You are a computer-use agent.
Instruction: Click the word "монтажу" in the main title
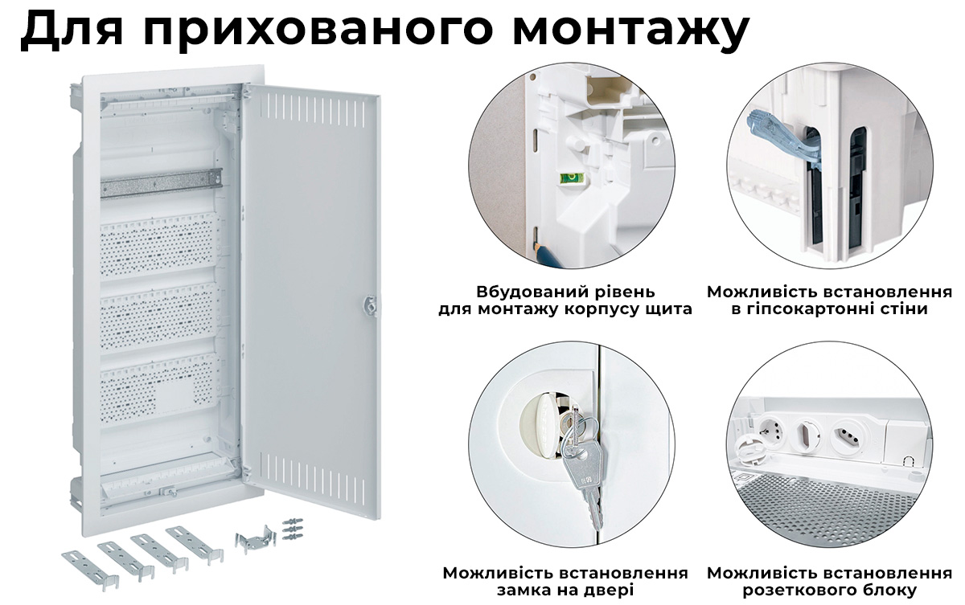coord(631,28)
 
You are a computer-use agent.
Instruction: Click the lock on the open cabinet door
coord(370,305)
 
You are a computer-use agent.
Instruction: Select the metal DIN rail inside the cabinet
coord(162,184)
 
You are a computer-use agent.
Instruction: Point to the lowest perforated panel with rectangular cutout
coord(158,389)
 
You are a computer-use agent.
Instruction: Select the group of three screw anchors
coord(292,529)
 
